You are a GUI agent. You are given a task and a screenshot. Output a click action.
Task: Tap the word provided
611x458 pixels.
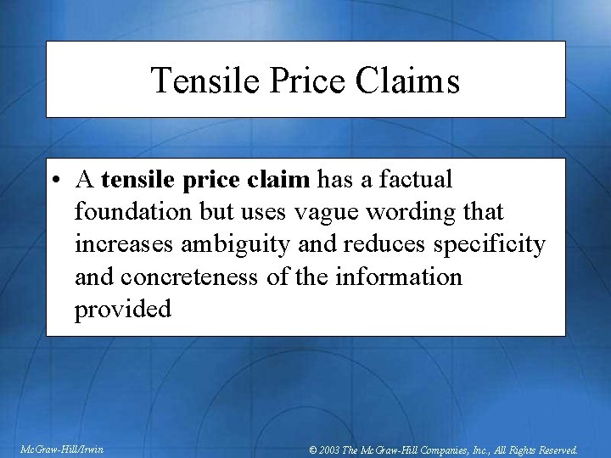pos(123,309)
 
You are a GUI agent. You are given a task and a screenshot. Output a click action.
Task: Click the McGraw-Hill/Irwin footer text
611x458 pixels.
pos(60,449)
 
